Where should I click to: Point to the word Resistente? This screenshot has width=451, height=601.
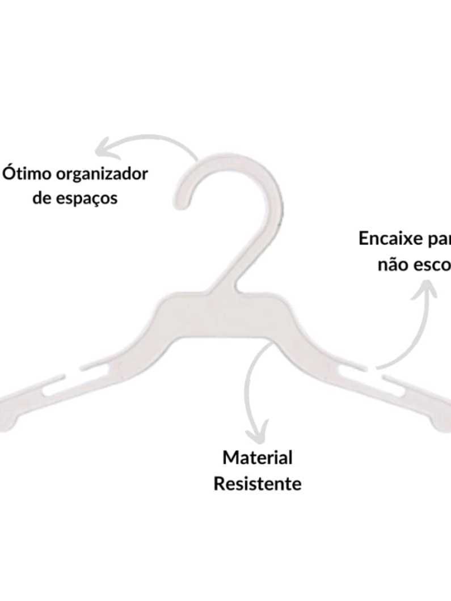tap(257, 484)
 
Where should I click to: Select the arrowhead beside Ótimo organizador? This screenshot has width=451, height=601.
tap(103, 149)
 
